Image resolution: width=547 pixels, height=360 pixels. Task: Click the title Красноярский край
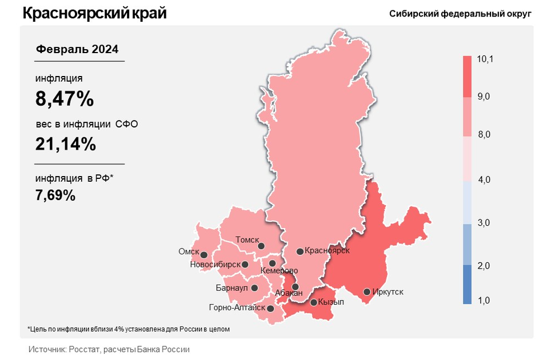click(95, 13)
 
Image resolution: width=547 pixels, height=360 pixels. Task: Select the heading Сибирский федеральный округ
click(460, 14)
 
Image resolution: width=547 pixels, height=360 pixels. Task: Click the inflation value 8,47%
click(64, 99)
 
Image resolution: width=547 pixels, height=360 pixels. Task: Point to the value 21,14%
click(65, 145)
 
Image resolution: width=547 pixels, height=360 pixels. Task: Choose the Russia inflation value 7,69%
click(55, 195)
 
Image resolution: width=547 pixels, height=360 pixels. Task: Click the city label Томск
click(247, 241)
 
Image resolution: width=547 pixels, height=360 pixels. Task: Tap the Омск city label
click(189, 251)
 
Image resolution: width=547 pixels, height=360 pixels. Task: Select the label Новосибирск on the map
click(215, 265)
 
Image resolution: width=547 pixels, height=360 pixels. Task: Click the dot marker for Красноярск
click(300, 251)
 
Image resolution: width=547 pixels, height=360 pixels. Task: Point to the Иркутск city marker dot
click(367, 292)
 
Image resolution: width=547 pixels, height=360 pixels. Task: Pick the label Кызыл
click(331, 302)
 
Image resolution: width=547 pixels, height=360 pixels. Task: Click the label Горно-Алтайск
click(237, 308)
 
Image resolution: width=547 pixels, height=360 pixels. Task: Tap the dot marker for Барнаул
click(254, 288)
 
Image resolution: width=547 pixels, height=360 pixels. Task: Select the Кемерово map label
click(279, 270)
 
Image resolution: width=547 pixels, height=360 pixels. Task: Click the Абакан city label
click(289, 293)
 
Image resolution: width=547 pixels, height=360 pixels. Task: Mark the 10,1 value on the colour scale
click(485, 59)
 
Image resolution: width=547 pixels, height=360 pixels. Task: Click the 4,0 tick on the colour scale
click(484, 180)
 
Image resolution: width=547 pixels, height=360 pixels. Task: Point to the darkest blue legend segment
click(467, 284)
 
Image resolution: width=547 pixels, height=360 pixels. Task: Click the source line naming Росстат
click(109, 349)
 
